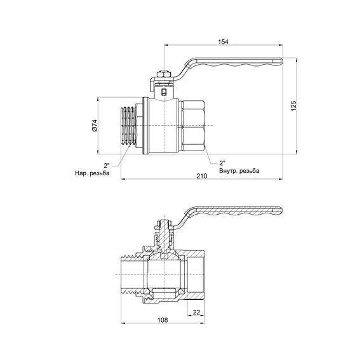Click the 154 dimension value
point(223,41)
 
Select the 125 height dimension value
point(293,106)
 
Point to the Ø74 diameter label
point(94,126)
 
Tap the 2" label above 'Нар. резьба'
point(107,165)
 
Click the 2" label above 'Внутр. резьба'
point(222,162)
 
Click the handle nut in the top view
point(163,77)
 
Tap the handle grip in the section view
point(241,213)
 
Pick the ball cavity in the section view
point(163,277)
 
